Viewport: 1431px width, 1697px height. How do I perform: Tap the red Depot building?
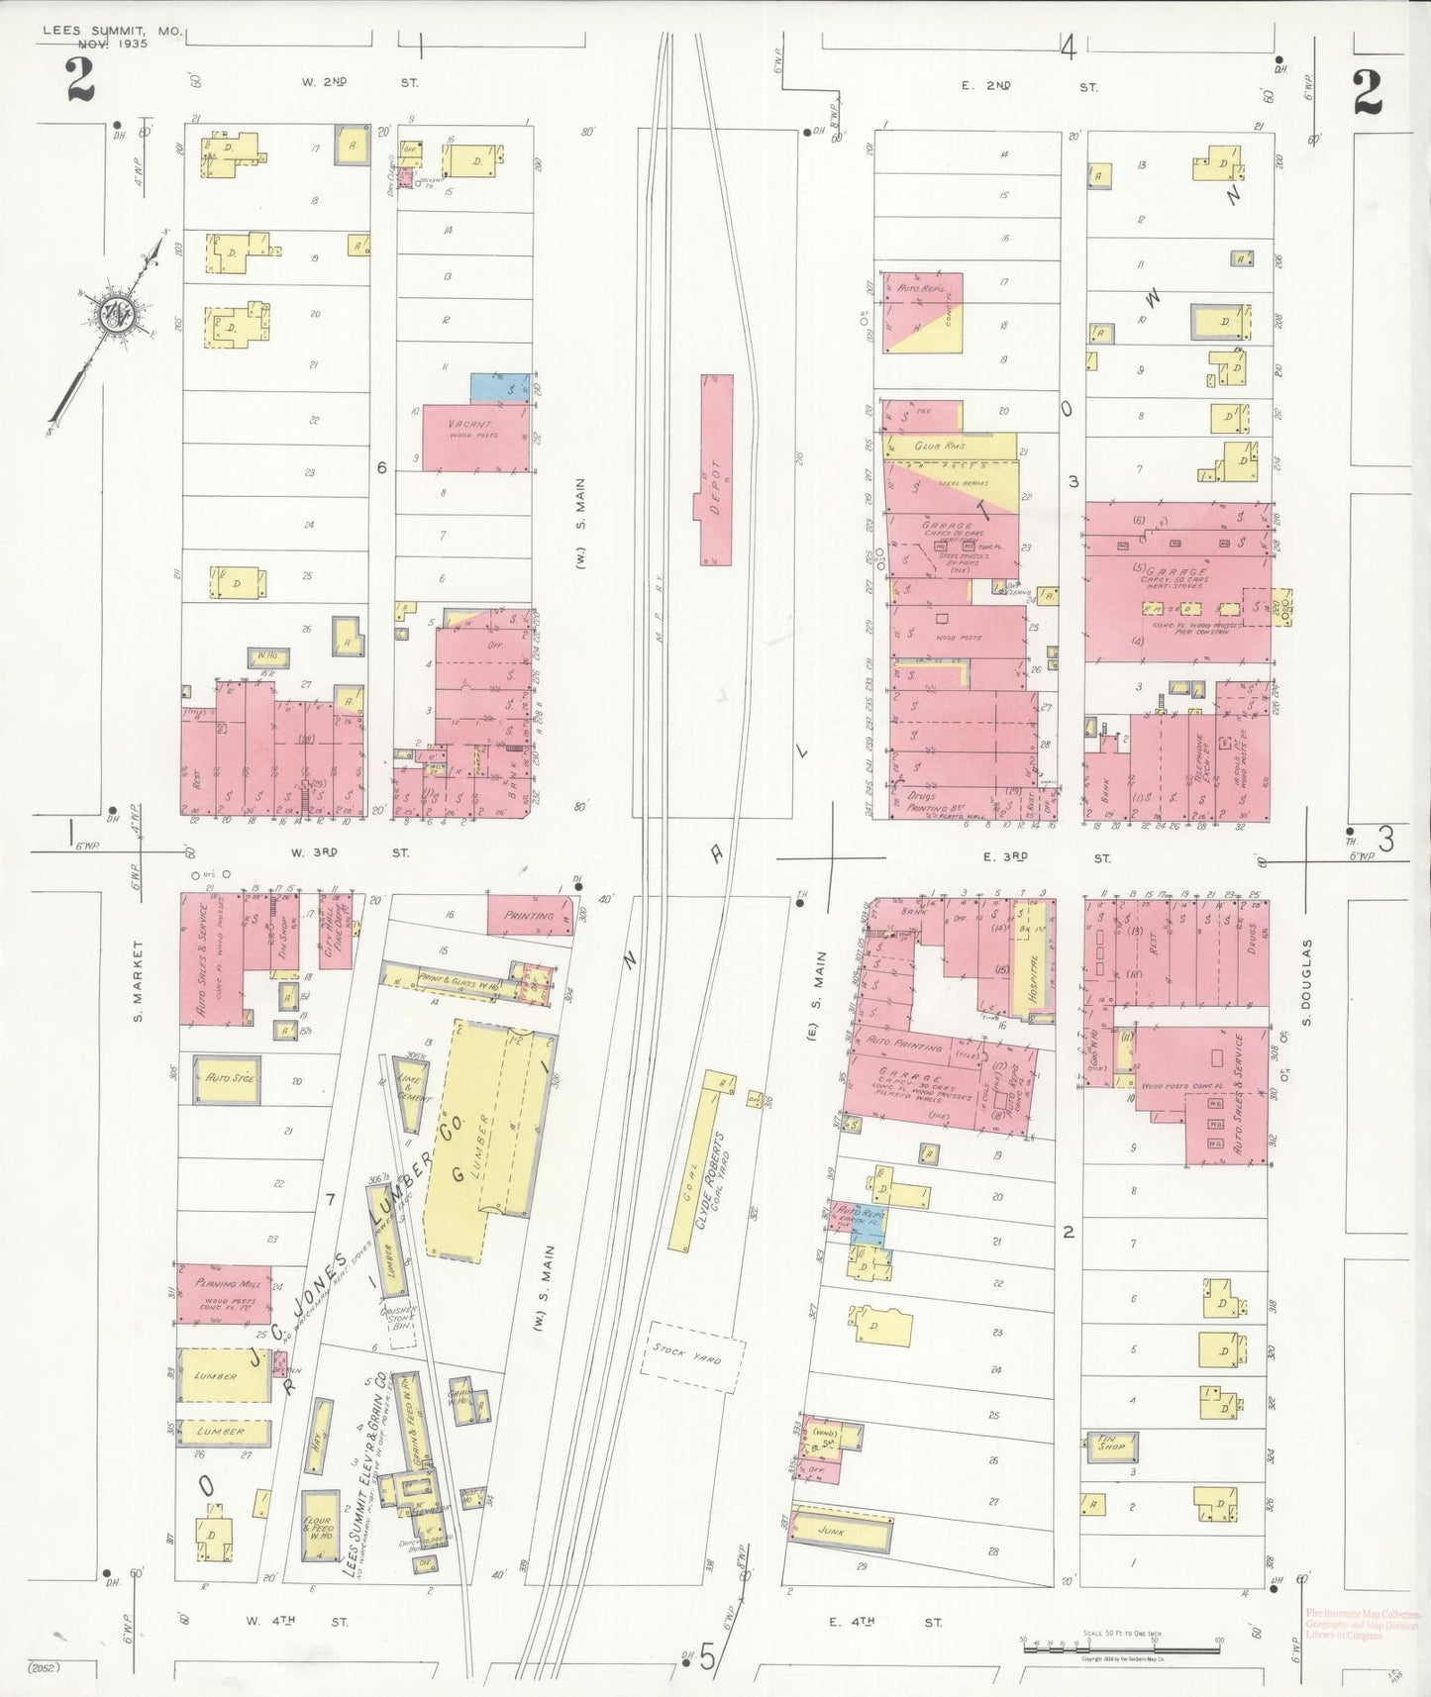point(717,469)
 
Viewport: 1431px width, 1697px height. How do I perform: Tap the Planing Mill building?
point(224,1294)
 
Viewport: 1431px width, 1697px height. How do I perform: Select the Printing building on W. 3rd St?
point(529,916)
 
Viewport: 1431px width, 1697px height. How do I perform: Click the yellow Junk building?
point(840,1533)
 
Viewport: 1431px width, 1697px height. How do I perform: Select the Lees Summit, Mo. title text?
point(111,37)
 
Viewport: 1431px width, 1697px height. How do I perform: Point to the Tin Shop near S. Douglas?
point(1110,1447)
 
